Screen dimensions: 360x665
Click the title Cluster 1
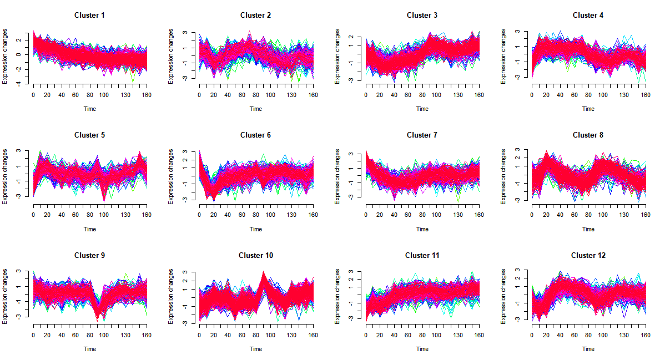(89, 15)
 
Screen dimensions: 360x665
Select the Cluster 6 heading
(255, 135)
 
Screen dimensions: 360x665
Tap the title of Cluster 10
(255, 255)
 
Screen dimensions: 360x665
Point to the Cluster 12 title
(588, 255)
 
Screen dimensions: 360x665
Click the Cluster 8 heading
(588, 135)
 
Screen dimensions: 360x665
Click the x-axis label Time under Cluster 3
(422, 109)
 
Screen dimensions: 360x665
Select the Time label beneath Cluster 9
(89, 349)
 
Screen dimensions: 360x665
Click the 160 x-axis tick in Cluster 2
(313, 95)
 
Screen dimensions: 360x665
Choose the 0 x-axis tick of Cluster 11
(366, 336)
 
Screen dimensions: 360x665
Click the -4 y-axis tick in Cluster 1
(19, 84)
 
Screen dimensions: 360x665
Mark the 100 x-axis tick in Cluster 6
(270, 215)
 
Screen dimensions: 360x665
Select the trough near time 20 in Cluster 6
(214, 197)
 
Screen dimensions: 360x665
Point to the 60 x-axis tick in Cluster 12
(575, 336)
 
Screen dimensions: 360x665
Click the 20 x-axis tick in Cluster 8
(546, 215)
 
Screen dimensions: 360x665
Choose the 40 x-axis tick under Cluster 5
(62, 215)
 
